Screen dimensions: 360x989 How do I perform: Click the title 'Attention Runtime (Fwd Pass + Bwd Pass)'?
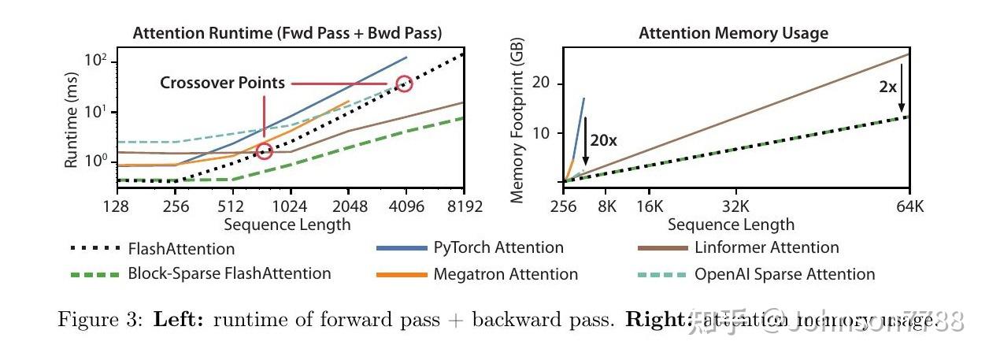click(287, 33)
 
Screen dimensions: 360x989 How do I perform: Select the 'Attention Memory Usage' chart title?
click(733, 33)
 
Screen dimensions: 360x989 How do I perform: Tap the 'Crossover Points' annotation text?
click(223, 83)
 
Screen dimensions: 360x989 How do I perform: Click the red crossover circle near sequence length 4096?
click(404, 84)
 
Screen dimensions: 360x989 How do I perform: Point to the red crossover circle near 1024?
click(265, 150)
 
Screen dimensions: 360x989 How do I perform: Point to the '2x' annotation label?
click(887, 87)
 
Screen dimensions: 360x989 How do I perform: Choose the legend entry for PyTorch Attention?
click(498, 247)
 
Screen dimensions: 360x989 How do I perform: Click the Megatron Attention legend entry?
click(505, 274)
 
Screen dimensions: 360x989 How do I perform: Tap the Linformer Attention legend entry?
click(766, 247)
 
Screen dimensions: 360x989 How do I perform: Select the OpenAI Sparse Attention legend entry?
click(784, 274)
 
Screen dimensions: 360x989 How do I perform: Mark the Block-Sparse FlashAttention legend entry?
click(229, 273)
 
